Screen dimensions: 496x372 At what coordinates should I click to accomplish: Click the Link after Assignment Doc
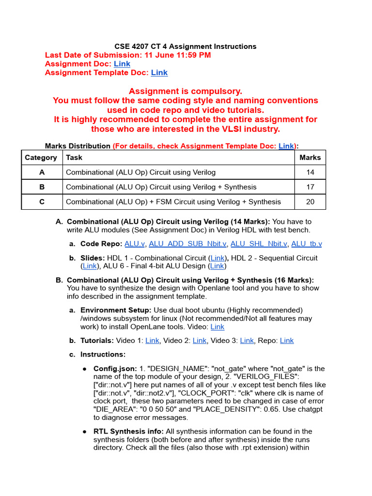click(x=122, y=64)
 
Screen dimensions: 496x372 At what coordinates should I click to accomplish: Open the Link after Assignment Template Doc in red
click(x=159, y=73)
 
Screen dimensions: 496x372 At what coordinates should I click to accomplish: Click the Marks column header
click(x=310, y=157)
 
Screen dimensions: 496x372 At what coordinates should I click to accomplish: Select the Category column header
click(x=41, y=157)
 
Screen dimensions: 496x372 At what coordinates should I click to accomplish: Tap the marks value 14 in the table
click(x=310, y=172)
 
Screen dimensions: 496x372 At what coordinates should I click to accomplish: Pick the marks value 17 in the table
click(x=310, y=187)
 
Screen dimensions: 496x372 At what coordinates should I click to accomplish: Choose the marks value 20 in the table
click(x=310, y=201)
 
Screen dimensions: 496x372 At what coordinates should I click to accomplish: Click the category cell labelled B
click(x=42, y=187)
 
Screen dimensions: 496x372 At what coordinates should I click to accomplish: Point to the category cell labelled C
click(x=42, y=201)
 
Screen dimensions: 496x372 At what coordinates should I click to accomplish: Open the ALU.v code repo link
click(x=135, y=244)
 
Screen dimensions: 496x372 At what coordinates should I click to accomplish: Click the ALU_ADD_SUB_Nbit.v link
click(x=187, y=244)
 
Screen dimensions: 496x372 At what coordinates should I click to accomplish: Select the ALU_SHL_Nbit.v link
click(x=259, y=244)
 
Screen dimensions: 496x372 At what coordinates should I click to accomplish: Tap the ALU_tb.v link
click(x=306, y=244)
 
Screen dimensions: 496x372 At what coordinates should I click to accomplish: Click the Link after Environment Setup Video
click(x=217, y=327)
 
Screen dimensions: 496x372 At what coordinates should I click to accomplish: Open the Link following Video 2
click(x=200, y=341)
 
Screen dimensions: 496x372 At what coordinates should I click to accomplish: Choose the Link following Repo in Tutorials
click(x=287, y=341)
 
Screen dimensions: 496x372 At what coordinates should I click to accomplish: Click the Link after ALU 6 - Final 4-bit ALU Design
click(x=217, y=266)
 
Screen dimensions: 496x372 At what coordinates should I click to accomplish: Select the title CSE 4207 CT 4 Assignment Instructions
click(x=186, y=46)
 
